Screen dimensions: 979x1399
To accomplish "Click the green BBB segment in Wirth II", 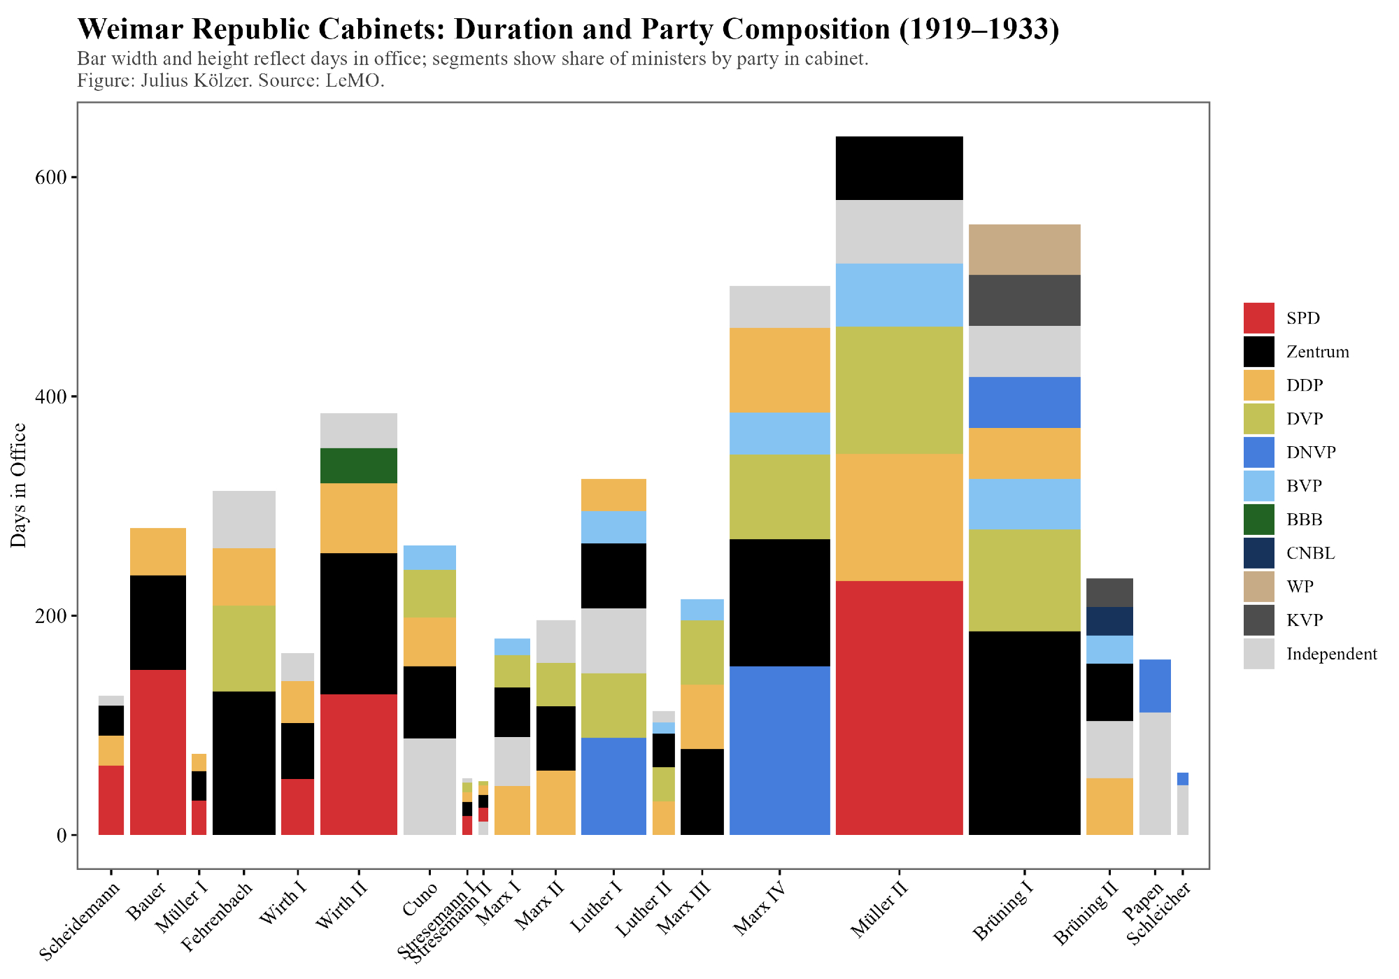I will tap(359, 466).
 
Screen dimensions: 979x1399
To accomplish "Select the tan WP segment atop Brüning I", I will tap(1025, 250).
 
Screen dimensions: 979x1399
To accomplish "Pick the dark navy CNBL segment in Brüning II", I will tap(1109, 621).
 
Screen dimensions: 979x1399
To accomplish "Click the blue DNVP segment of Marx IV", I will tap(779, 750).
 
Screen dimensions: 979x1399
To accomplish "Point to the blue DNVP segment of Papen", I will tap(1155, 686).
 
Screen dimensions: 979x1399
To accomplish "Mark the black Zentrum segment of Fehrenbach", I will tap(244, 763).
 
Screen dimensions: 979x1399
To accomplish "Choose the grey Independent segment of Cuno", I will tap(429, 787).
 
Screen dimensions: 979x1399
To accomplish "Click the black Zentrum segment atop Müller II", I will tap(900, 168).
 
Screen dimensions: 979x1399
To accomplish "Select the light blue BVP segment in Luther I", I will tap(613, 527).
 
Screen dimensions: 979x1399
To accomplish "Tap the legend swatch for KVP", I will tap(1258, 620).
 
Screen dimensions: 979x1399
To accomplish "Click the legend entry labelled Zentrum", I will tap(1317, 352).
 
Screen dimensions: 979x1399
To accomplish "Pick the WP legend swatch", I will tap(1258, 587).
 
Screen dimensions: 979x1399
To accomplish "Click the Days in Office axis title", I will tap(19, 485).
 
